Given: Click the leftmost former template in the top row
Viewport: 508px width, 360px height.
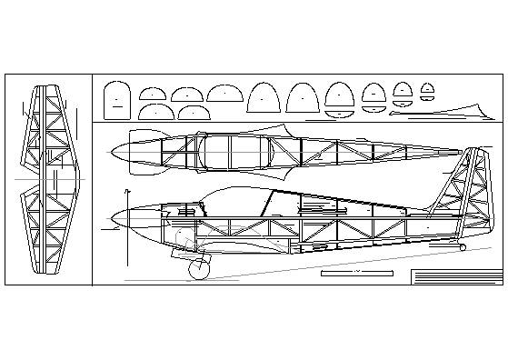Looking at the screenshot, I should tap(116, 99).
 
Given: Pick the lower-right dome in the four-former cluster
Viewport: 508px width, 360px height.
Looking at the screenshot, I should tap(191, 112).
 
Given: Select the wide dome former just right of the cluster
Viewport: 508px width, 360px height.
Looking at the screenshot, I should tap(223, 93).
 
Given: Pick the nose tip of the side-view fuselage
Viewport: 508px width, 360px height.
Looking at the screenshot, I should tap(109, 217).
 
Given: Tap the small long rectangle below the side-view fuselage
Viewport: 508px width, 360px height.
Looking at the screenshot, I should tap(354, 272).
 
